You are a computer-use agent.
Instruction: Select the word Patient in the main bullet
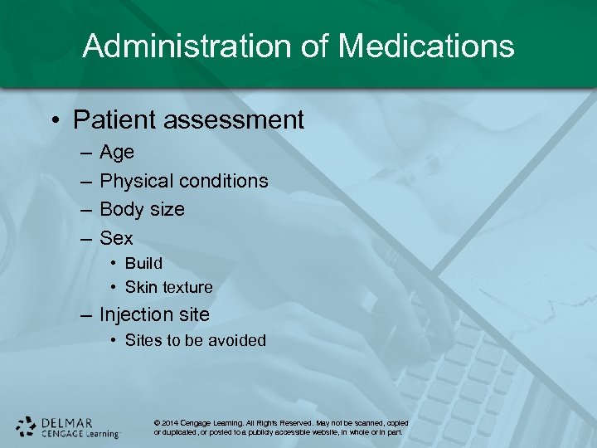click(x=115, y=120)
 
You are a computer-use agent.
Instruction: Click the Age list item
click(x=117, y=153)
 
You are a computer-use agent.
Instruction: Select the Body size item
click(x=142, y=209)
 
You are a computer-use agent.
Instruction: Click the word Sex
click(x=116, y=238)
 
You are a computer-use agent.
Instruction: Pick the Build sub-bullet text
click(x=143, y=263)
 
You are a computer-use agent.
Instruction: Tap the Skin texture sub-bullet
click(x=168, y=287)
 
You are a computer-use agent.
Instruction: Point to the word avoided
click(x=238, y=340)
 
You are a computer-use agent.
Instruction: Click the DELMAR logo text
click(x=66, y=422)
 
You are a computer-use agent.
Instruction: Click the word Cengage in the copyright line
click(x=204, y=423)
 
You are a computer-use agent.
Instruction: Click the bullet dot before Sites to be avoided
click(x=114, y=341)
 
